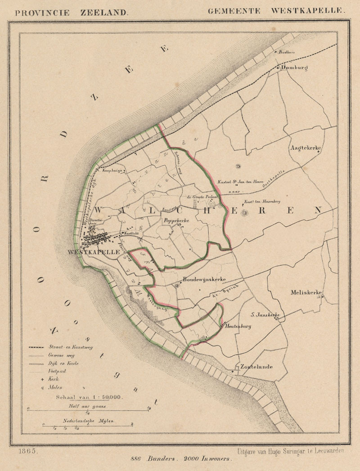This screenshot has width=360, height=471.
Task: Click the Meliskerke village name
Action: tap(307, 293)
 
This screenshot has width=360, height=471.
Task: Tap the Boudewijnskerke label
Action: tap(204, 279)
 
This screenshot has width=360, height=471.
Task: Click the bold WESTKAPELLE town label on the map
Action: tap(94, 252)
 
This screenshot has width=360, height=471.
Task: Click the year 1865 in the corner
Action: tap(28, 451)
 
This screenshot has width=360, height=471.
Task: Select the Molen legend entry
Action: tap(54, 387)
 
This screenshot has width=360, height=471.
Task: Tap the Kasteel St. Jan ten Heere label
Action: tap(237, 181)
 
